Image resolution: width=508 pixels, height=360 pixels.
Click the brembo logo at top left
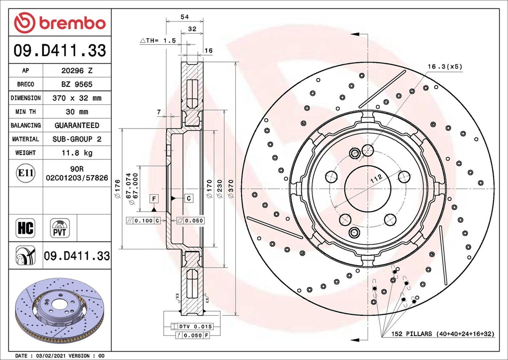click(60, 23)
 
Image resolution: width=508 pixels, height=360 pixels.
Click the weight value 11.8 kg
click(77, 153)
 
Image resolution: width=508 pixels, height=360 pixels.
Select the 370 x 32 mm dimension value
click(77, 98)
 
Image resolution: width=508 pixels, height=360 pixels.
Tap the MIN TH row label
click(26, 112)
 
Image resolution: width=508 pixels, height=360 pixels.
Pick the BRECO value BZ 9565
click(77, 84)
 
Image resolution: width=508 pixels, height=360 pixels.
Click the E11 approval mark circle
click(26, 173)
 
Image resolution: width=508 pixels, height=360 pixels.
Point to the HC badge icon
click(26, 228)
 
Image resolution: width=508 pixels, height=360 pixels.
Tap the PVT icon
click(60, 228)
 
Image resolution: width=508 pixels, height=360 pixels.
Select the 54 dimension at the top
click(185, 17)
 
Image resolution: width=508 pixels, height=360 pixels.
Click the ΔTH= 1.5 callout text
click(158, 41)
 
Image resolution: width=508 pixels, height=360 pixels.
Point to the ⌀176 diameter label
click(117, 189)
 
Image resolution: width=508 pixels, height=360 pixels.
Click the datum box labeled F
click(154, 199)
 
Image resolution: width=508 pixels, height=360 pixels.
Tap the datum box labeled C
click(189, 198)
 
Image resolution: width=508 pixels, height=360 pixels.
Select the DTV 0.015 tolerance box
click(192, 327)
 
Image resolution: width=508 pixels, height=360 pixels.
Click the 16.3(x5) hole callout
click(445, 67)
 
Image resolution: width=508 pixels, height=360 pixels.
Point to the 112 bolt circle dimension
click(376, 179)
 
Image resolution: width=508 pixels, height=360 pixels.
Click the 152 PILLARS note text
click(443, 334)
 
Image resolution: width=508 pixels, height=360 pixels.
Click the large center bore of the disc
click(368, 189)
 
